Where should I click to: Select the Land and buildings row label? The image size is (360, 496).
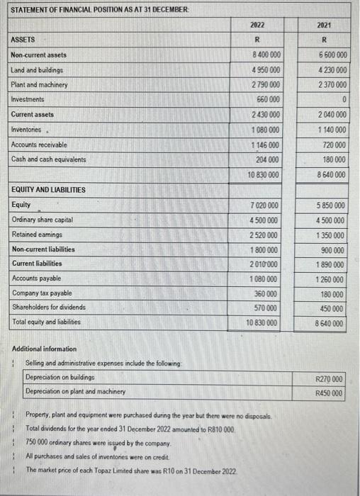click(x=37, y=70)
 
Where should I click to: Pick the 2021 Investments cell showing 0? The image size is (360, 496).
click(x=343, y=100)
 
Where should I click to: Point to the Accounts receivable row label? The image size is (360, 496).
click(x=42, y=145)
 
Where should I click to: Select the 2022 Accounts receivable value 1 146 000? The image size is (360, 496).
click(x=265, y=145)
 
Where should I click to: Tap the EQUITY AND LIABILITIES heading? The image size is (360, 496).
click(x=48, y=190)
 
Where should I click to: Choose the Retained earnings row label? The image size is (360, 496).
click(x=37, y=235)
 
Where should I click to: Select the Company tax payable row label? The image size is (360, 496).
click(x=40, y=293)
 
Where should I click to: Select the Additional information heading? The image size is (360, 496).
click(x=45, y=349)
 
